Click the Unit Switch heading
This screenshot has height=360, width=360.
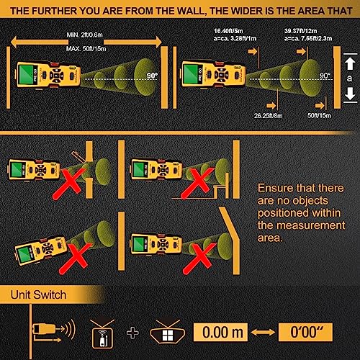point(37,295)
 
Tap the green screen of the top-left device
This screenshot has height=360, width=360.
point(29,73)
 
